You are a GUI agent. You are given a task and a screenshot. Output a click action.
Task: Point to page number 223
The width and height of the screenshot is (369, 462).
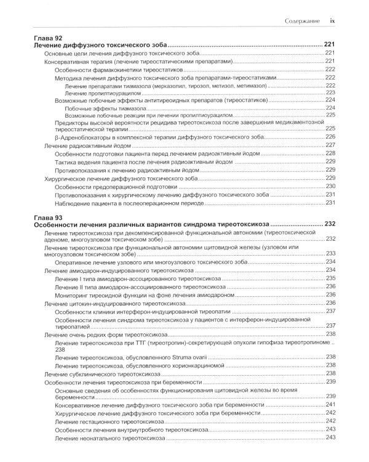click(330, 92)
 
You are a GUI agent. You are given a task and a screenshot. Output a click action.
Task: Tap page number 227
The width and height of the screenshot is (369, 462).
click(330, 145)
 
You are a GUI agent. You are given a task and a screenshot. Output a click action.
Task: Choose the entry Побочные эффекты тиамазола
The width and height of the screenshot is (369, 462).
click(105, 108)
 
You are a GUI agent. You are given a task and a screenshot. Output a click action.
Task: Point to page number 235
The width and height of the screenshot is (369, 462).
click(330, 278)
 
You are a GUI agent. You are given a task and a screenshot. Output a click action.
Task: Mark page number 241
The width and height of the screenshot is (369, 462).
click(330, 405)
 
